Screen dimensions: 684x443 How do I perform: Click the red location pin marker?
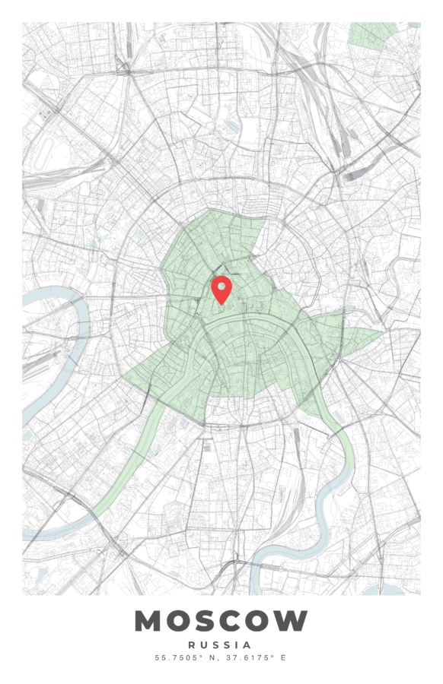pyautogui.click(x=221, y=290)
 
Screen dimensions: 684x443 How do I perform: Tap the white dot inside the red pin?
pyautogui.click(x=221, y=287)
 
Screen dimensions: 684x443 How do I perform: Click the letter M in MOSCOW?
pyautogui.click(x=149, y=621)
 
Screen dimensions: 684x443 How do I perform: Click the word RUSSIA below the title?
pyautogui.click(x=221, y=644)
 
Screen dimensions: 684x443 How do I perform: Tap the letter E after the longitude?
pyautogui.click(x=283, y=657)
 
